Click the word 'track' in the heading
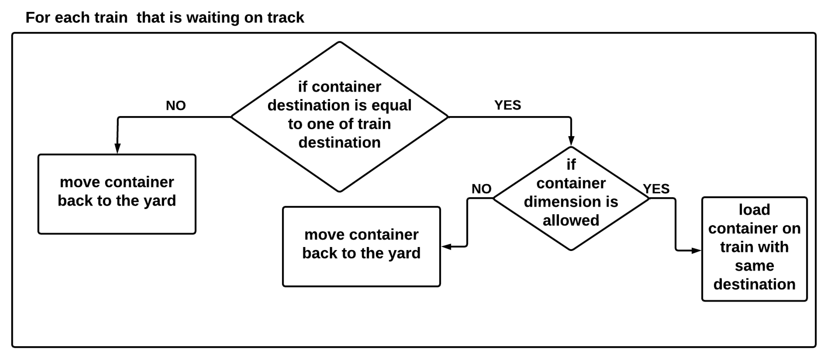coord(286,17)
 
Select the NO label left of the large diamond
coord(176,106)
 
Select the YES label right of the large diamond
coord(508,105)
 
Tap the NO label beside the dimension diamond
coord(481,189)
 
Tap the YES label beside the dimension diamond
coord(656,189)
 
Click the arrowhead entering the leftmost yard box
coord(117,149)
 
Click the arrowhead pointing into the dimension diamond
coord(571,141)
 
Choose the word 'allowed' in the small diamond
coord(571,220)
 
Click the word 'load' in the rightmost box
coord(754,210)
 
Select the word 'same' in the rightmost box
coord(754,266)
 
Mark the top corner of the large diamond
coord(340,42)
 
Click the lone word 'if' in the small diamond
coord(571,165)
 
